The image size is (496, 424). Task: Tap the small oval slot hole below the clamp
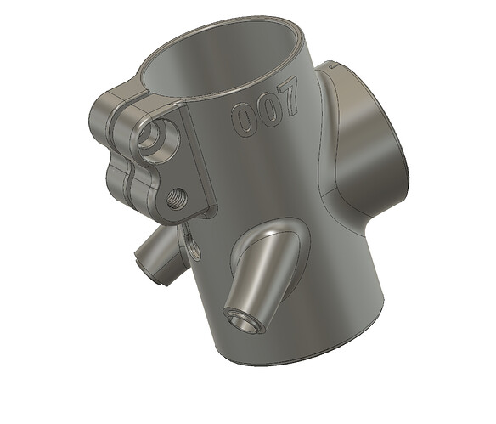(192, 245)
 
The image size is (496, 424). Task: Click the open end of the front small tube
(243, 322)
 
